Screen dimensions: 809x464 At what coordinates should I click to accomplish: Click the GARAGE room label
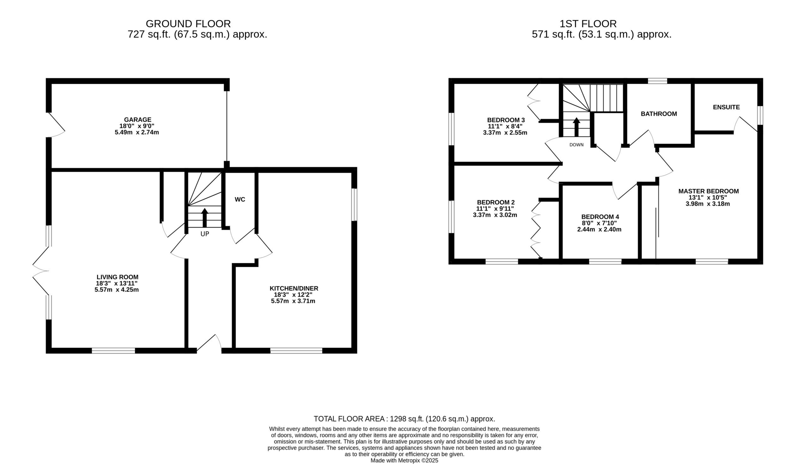(138, 120)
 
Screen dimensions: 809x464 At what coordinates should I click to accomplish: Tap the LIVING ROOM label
(118, 277)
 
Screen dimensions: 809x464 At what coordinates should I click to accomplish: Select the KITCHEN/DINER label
(294, 288)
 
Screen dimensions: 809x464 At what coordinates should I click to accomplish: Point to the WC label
(240, 199)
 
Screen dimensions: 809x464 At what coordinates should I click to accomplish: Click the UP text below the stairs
(205, 234)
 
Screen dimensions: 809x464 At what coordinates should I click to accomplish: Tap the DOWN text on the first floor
(576, 145)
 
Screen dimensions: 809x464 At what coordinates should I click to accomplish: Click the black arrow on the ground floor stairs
(204, 218)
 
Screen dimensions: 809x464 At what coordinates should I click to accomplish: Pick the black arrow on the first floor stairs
(576, 127)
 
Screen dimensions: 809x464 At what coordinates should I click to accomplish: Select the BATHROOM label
(659, 114)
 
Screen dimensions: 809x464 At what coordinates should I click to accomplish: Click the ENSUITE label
(727, 107)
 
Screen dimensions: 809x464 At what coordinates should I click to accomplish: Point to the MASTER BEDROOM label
(709, 191)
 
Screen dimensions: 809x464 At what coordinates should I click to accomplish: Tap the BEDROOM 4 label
(600, 217)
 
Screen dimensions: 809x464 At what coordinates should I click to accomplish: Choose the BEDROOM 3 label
(506, 120)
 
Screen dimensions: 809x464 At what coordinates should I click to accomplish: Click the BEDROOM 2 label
(496, 202)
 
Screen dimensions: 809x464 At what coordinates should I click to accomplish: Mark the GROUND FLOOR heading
(188, 24)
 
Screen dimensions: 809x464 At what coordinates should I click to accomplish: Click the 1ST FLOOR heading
(588, 24)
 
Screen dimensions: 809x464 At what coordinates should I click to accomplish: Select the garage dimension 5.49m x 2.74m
(137, 132)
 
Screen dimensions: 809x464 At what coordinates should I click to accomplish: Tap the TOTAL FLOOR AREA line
(404, 419)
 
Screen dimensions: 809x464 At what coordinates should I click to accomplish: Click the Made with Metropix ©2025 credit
(404, 461)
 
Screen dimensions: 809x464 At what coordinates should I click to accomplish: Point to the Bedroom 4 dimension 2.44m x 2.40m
(599, 229)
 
